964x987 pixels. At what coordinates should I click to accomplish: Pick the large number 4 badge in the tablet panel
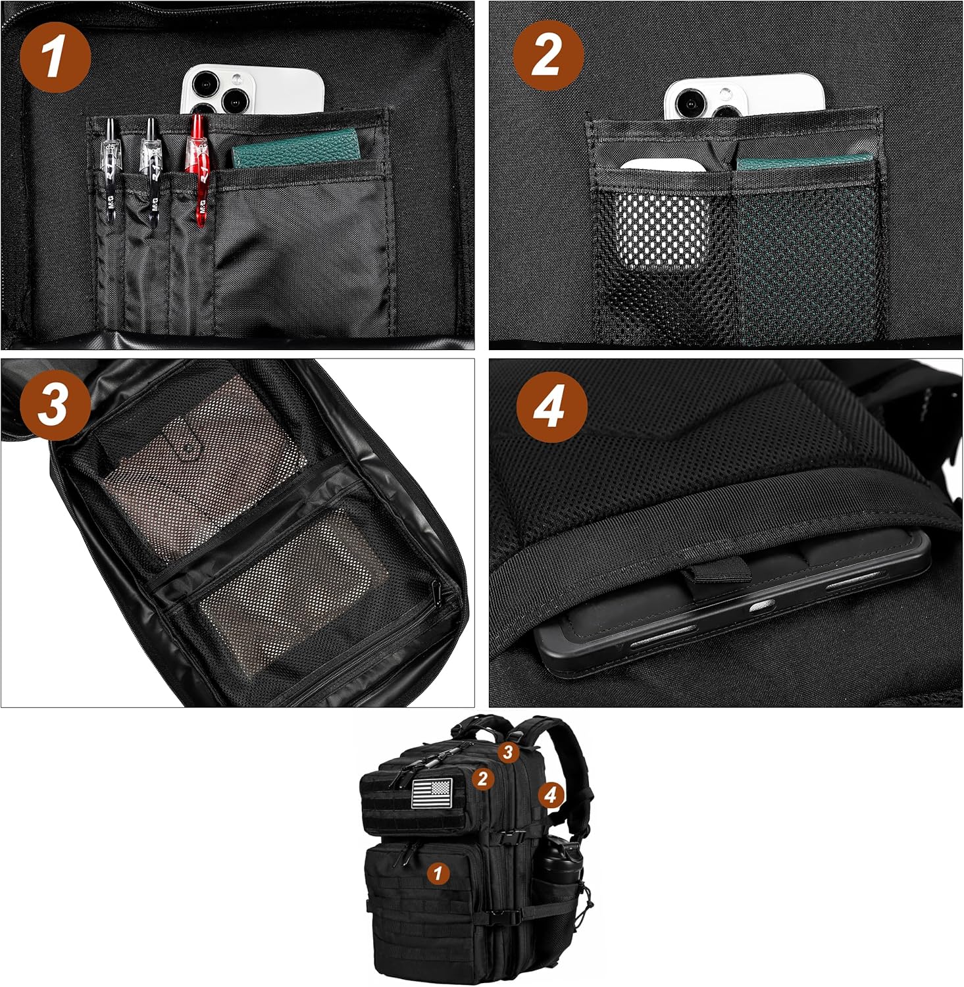551,407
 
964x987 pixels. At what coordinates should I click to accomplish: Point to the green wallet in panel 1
296,149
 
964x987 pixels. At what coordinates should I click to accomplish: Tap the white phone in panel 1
253,89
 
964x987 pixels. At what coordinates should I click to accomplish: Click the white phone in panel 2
744,97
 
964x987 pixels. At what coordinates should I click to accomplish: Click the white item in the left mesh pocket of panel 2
661,217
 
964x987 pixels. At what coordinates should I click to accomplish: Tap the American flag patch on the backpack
432,793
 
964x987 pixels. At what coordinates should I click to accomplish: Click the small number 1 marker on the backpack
438,873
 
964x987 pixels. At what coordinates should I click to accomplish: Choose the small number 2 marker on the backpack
482,778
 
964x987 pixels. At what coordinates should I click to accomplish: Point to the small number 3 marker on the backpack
507,751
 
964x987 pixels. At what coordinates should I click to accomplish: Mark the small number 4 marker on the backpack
551,796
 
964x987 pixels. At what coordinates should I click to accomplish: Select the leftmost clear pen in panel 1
111,168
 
